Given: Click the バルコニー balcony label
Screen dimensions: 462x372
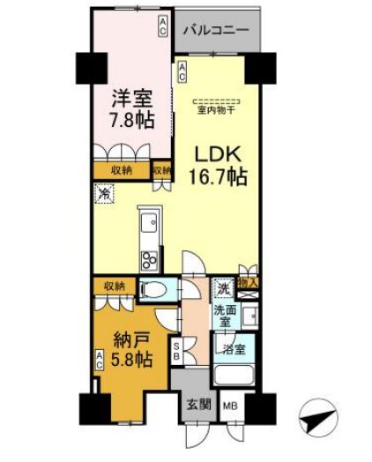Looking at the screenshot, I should (x=215, y=30).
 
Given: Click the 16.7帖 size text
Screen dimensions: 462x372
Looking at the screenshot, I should (x=216, y=175).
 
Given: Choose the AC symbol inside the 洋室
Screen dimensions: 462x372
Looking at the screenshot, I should (x=165, y=26).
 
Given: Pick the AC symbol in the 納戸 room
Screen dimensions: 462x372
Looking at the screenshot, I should (x=100, y=360).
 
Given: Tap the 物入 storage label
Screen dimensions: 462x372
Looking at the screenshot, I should (x=249, y=282).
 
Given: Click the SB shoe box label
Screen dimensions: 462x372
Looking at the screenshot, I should (x=177, y=350).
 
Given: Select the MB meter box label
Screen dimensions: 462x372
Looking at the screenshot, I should (x=230, y=406).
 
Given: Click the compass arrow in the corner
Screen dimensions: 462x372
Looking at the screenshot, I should (x=320, y=414).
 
